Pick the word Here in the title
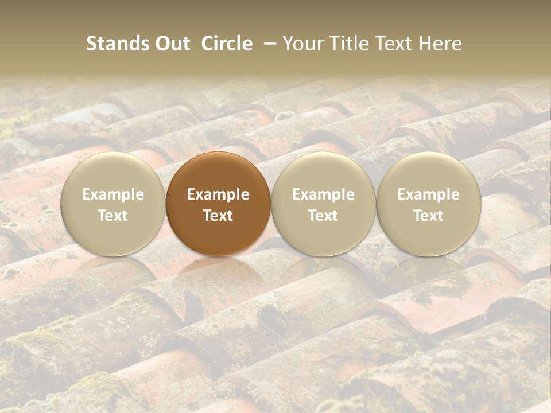click(x=440, y=44)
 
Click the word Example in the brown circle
click(x=218, y=194)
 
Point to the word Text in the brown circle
click(x=218, y=216)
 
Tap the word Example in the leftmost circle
click(x=113, y=194)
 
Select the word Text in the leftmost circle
click(x=113, y=216)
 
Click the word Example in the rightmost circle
click(x=429, y=194)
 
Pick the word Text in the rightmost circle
click(x=429, y=216)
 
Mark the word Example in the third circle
click(x=323, y=194)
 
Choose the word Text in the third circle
click(x=323, y=216)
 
